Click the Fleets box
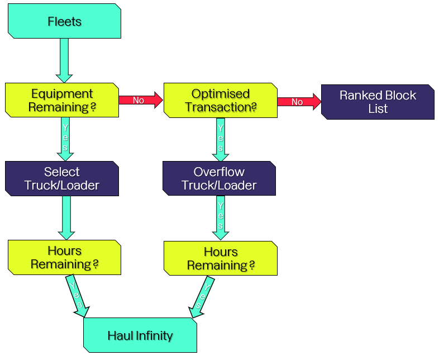click(64, 21)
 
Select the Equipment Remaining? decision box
click(62, 100)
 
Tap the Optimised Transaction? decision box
click(220, 100)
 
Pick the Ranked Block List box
click(378, 102)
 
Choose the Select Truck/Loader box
click(62, 178)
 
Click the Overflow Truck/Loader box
click(219, 178)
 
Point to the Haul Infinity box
click(140, 335)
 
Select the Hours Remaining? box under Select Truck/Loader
click(64, 257)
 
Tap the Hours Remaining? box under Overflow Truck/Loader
click(221, 258)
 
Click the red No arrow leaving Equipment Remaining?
click(140, 101)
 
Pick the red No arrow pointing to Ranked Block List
click(299, 102)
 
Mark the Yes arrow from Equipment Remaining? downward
click(65, 139)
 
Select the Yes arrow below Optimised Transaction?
click(221, 139)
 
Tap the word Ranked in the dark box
click(357, 95)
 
